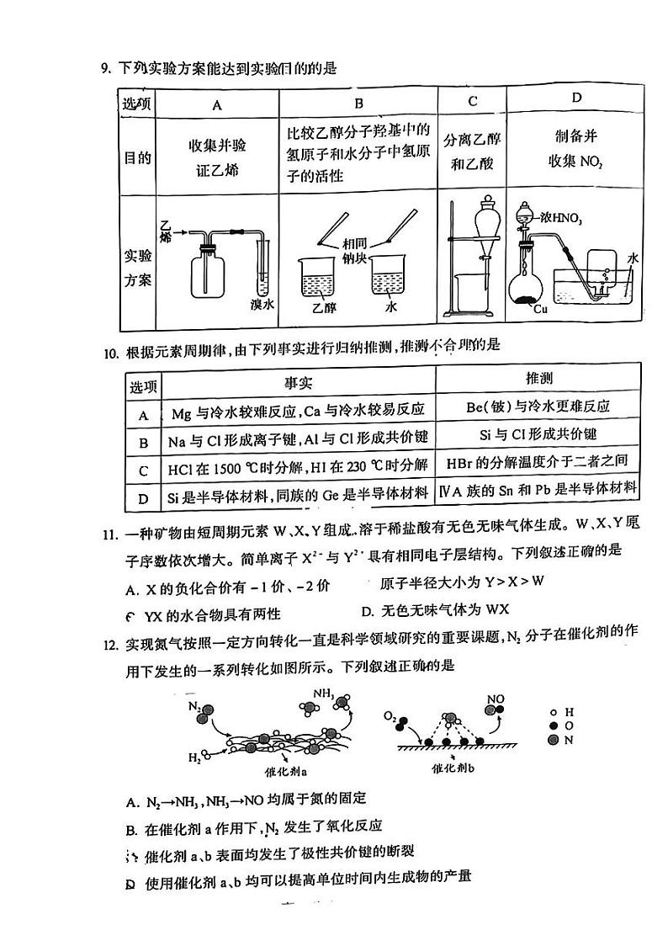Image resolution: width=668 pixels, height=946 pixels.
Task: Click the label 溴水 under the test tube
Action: point(262,305)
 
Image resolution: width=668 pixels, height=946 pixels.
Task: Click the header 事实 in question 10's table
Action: point(298,383)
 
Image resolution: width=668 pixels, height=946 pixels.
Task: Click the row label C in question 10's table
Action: point(143,470)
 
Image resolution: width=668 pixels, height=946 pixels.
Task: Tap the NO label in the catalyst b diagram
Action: point(496,698)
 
